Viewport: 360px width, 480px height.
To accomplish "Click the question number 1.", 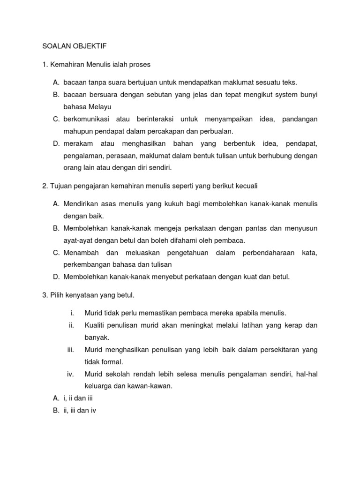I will [45, 64].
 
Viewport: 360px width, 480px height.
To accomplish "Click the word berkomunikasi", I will [86, 119].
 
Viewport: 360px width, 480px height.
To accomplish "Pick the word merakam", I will [78, 143].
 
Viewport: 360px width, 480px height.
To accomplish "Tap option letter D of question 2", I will [56, 277].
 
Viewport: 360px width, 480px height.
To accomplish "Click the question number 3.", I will [45, 295].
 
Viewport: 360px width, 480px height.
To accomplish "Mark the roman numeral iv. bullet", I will [70, 374].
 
